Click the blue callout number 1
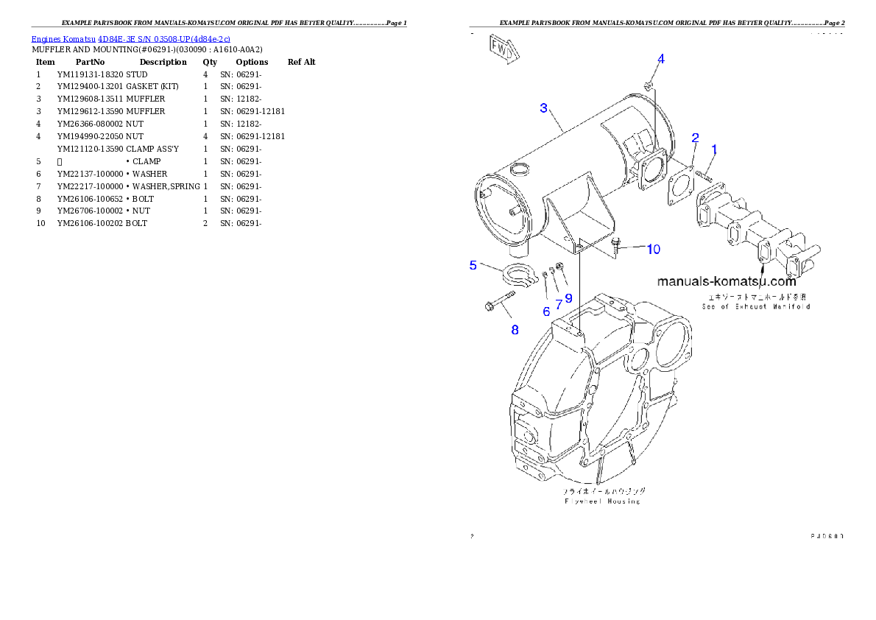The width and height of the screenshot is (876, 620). coord(713,149)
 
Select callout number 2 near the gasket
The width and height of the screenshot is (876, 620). coord(695,138)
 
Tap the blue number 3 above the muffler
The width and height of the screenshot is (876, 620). coord(543,108)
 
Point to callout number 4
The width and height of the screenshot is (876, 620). coord(661,59)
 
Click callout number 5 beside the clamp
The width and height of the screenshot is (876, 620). coord(473,265)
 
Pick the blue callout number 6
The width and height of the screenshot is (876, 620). coord(546,311)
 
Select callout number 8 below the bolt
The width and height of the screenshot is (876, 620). coord(515,330)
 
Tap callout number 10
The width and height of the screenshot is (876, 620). coord(654,250)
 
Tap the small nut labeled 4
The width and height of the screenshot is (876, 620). coord(648,86)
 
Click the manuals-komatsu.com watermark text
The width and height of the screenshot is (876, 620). coord(726,281)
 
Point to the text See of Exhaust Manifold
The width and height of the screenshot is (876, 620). coord(755,306)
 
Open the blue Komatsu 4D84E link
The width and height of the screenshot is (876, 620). coord(130,38)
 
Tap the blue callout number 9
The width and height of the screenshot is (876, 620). coord(568,298)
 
